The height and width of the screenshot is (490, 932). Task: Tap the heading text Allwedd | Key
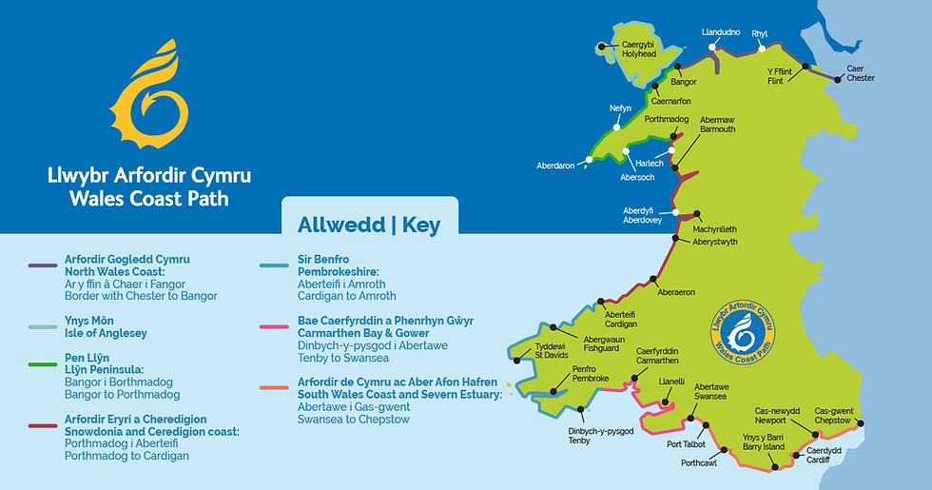369,225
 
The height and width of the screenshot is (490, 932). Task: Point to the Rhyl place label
760,33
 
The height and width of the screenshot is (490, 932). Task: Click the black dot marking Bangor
679,69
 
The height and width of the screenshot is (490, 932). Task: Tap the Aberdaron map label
555,166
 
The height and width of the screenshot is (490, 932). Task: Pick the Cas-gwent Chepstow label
833,414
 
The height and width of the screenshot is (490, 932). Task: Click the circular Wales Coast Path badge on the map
743,334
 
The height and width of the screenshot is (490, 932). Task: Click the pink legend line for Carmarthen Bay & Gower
277,326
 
